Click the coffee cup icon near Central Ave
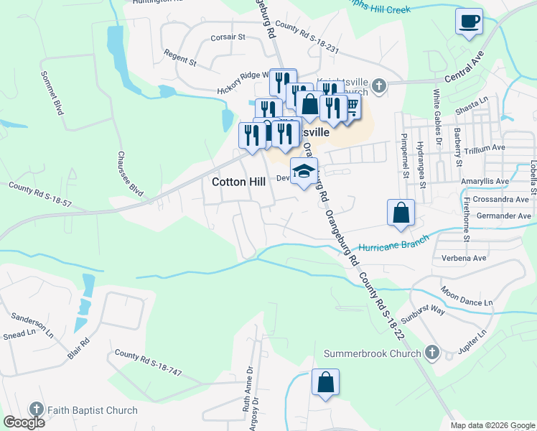click(x=469, y=22)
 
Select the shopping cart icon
click(x=351, y=106)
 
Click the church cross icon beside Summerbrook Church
click(x=431, y=353)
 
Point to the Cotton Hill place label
click(x=239, y=182)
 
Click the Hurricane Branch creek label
click(x=393, y=242)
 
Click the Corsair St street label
click(x=228, y=37)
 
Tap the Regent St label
click(x=179, y=58)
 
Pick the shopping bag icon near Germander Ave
click(x=401, y=213)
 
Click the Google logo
click(x=24, y=422)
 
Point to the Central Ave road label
click(x=464, y=64)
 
